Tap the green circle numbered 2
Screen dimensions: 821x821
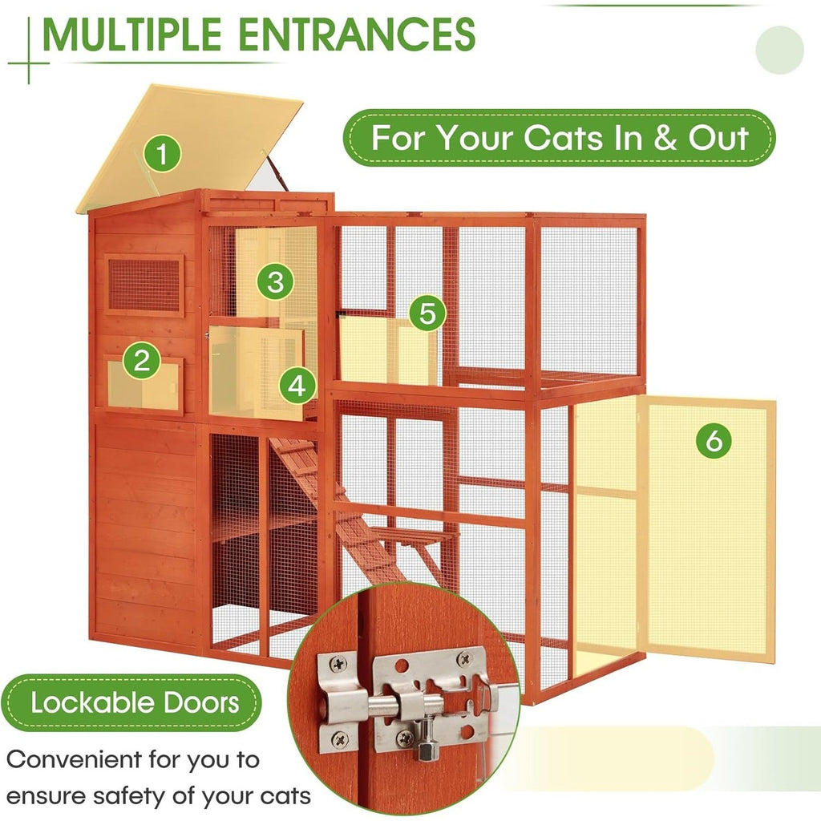(141, 362)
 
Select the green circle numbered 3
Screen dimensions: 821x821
(275, 281)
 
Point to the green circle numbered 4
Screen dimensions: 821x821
(297, 386)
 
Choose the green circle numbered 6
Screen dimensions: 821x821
(714, 439)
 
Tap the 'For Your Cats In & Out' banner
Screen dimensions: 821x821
(560, 138)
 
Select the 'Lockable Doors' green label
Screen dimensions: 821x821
(135, 703)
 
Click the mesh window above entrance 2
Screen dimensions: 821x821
(144, 285)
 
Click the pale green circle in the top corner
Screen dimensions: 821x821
(779, 50)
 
